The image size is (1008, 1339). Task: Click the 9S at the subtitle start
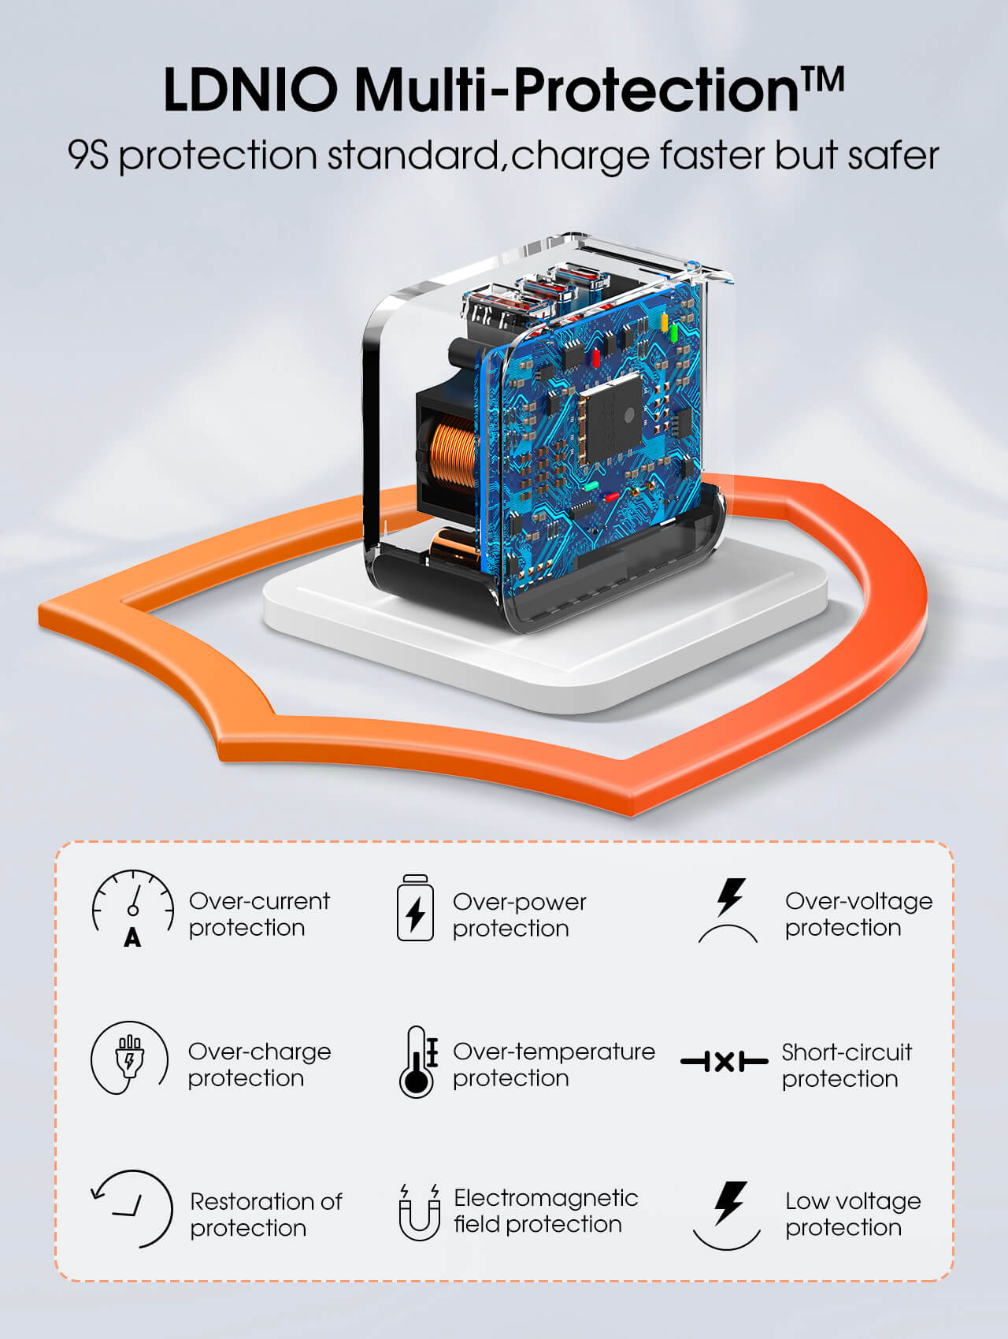click(x=87, y=155)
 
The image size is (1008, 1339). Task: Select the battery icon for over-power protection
click(x=415, y=907)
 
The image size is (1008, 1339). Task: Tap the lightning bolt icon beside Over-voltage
click(x=729, y=910)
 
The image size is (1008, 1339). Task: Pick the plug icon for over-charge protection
click(x=129, y=1058)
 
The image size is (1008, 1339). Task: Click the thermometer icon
click(x=418, y=1061)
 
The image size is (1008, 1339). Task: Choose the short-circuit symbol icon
click(x=724, y=1062)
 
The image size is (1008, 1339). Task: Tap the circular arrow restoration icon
click(x=132, y=1209)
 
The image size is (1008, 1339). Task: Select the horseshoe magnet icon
click(x=419, y=1212)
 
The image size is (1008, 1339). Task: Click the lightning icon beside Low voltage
click(x=728, y=1215)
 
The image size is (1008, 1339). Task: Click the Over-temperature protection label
click(x=554, y=1064)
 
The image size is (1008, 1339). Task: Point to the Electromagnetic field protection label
click(x=546, y=1211)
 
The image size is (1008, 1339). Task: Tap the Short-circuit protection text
click(x=847, y=1065)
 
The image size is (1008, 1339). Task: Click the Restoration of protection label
click(x=265, y=1215)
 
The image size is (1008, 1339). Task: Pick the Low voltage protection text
click(x=853, y=1214)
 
